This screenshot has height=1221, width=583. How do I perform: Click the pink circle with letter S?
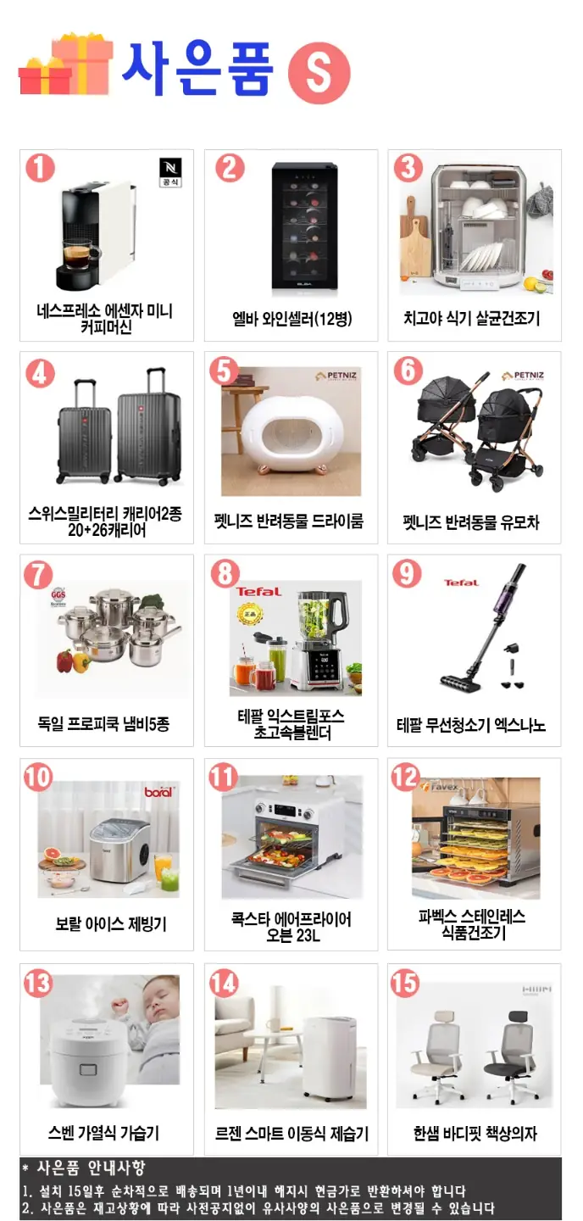click(x=319, y=73)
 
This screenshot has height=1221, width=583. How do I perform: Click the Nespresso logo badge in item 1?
click(x=170, y=172)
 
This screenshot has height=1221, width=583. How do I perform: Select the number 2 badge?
click(x=230, y=168)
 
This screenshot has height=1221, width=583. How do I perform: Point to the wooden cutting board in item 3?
click(x=416, y=245)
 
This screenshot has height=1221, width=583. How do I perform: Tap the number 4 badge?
click(x=40, y=373)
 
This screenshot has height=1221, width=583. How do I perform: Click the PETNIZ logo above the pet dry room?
click(x=336, y=376)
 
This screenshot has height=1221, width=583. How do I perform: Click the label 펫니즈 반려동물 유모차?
click(x=471, y=522)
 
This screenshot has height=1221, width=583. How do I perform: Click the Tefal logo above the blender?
click(x=258, y=592)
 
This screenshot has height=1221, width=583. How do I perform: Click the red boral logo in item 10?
click(x=158, y=791)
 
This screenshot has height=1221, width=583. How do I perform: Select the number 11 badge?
click(x=223, y=777)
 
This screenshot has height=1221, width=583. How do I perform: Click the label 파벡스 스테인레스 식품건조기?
click(x=472, y=924)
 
